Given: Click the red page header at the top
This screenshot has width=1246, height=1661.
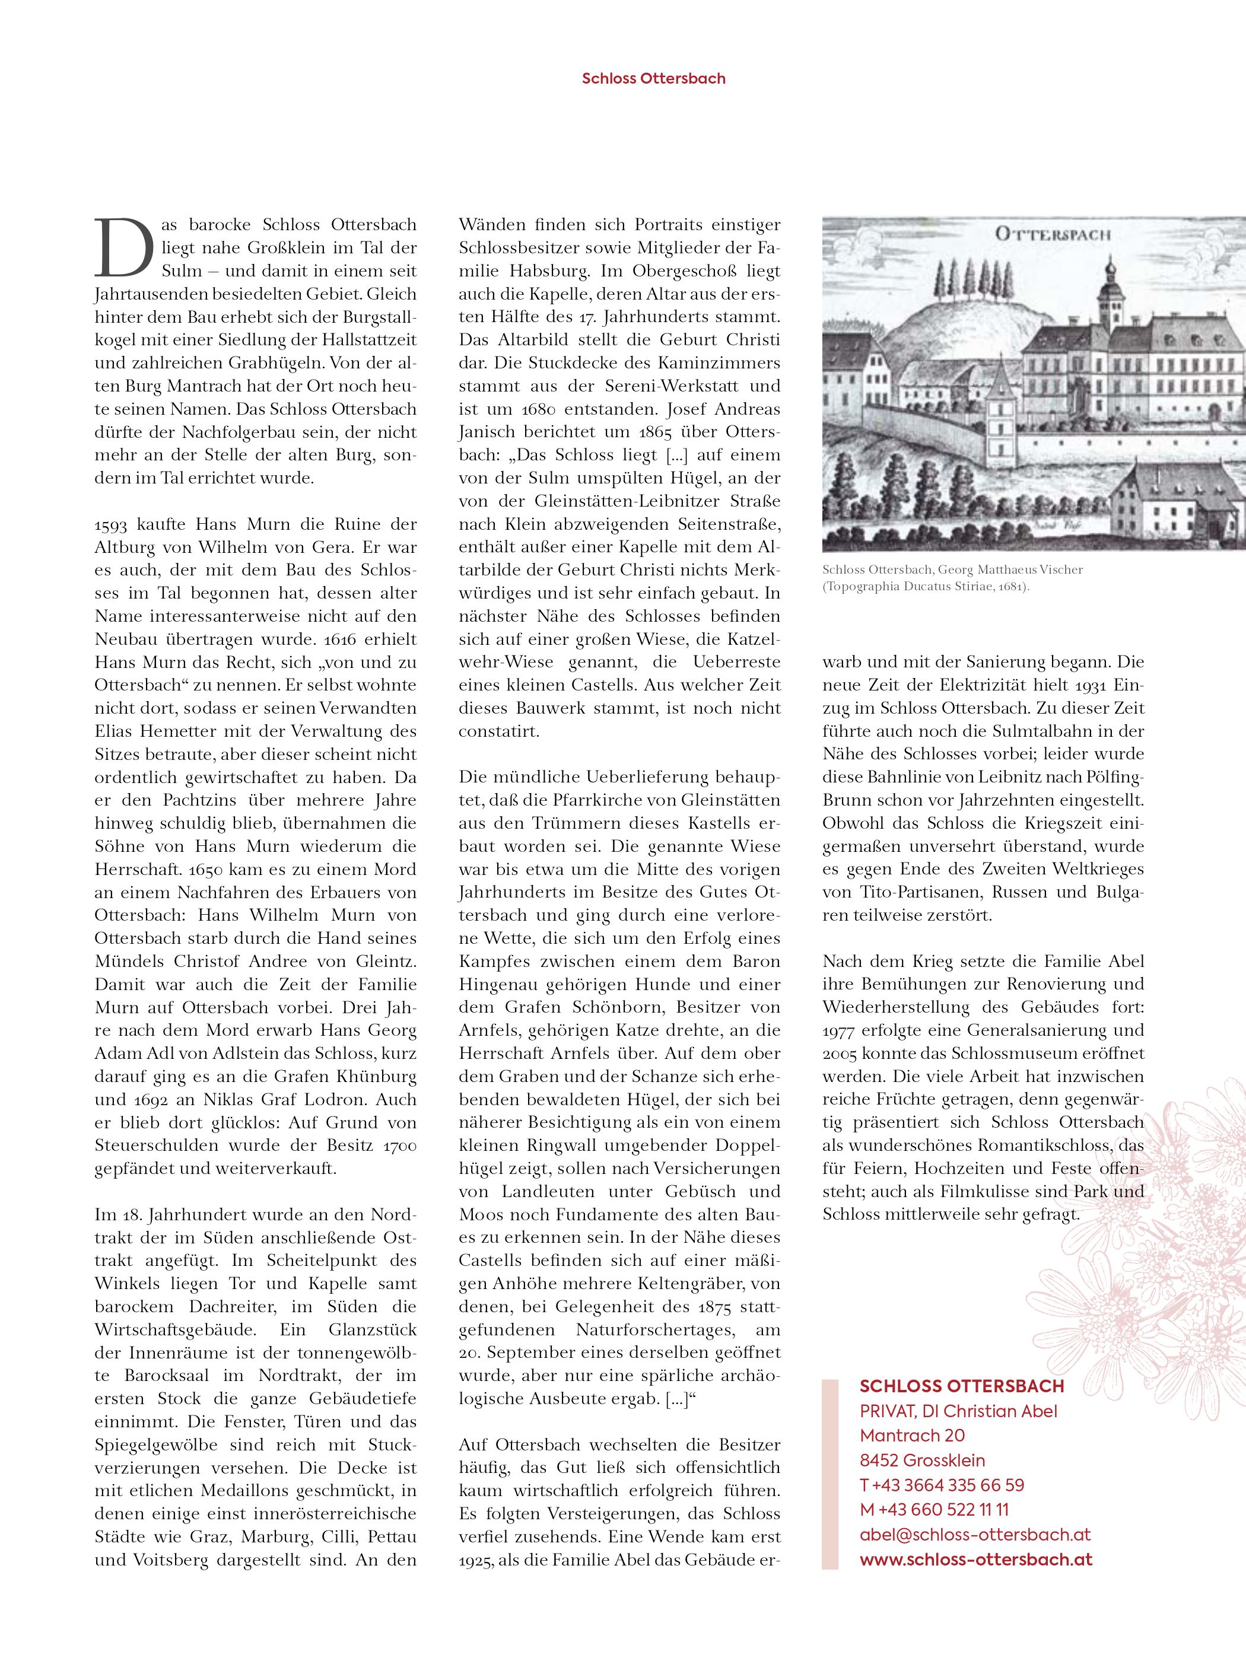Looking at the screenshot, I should (x=653, y=78).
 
